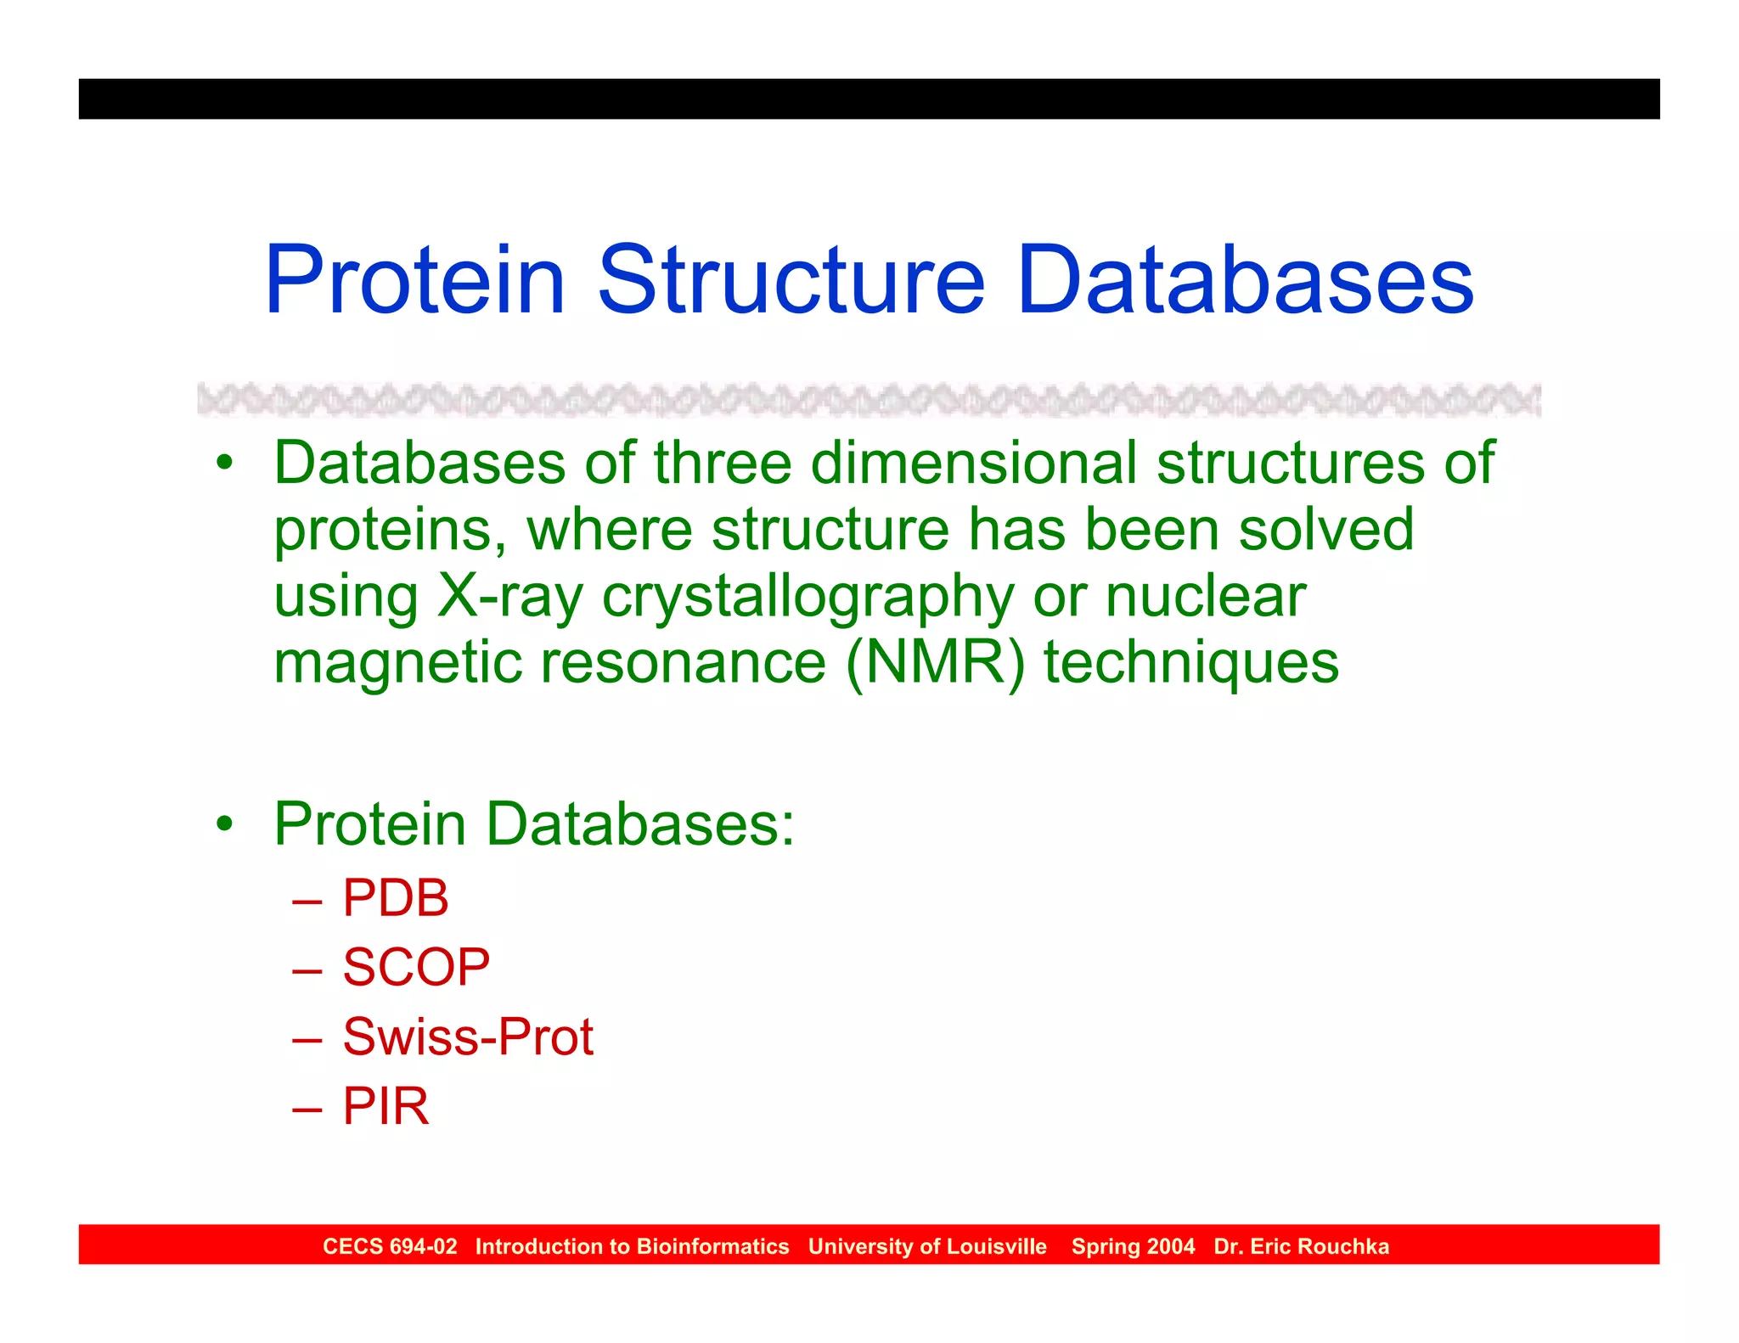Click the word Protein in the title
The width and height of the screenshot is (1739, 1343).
[x=414, y=280]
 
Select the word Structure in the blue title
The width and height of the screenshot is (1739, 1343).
[x=791, y=280]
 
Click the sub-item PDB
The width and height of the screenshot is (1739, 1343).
[x=395, y=897]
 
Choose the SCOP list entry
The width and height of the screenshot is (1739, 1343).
[x=416, y=967]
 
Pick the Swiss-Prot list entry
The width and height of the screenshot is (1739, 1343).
[x=468, y=1037]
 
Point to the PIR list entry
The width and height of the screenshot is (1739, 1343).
[x=386, y=1106]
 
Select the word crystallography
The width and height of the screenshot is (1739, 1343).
[x=808, y=598]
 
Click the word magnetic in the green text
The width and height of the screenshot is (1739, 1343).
[x=397, y=663]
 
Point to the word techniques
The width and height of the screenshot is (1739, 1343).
[x=1191, y=663]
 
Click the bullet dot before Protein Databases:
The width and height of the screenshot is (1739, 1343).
[x=224, y=823]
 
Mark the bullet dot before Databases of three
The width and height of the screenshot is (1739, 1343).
[x=224, y=464]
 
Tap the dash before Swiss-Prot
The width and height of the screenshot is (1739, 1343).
[x=307, y=1038]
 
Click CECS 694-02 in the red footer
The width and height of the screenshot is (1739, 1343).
[x=390, y=1246]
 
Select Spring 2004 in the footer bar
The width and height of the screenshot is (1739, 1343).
[x=1133, y=1246]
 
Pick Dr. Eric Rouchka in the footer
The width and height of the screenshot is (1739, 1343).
[x=1301, y=1246]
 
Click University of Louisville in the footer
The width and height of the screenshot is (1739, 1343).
[x=927, y=1246]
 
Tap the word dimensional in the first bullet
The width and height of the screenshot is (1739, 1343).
[x=974, y=464]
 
